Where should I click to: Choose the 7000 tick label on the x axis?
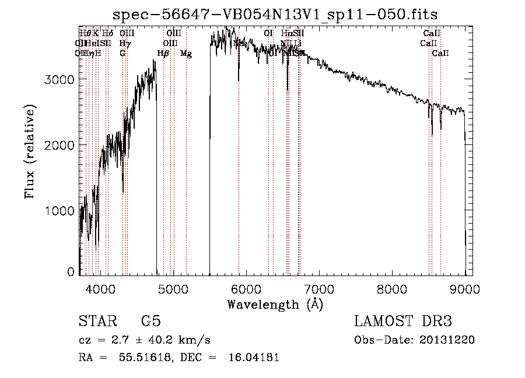319,289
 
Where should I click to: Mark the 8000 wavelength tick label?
392,289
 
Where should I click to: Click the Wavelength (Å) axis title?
275,304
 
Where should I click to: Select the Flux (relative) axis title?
30,151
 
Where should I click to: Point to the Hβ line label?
163,54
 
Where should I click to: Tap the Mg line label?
186,54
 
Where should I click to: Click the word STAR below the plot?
95,322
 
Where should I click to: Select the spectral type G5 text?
150,322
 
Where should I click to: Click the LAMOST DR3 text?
403,322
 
